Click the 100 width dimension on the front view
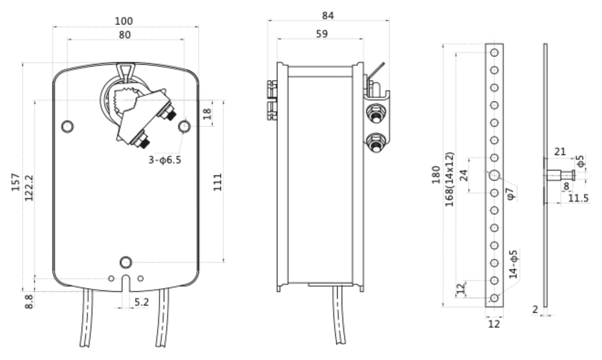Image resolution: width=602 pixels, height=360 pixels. coord(124,21)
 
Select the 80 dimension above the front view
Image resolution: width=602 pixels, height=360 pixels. coord(125,35)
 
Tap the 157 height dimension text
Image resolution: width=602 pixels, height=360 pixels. coord(15,182)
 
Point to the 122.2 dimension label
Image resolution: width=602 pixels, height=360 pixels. coord(29,188)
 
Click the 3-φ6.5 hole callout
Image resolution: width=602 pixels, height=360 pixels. coord(165,160)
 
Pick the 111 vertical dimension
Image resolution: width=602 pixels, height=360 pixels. coord(218,182)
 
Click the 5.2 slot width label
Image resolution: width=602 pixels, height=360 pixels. coord(142,302)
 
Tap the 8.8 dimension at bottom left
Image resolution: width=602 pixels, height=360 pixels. coord(29,301)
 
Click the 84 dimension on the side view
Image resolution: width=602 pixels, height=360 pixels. coord(328,16)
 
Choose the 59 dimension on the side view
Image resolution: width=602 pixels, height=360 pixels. coord(322,34)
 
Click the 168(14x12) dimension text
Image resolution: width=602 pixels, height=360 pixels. coord(450,179)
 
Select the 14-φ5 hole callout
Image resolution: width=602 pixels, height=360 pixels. coord(514,264)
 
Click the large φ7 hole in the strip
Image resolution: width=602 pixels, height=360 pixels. coord(494,175)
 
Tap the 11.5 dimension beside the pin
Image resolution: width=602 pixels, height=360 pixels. coord(578,198)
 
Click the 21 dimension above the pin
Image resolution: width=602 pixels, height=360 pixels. coord(560,152)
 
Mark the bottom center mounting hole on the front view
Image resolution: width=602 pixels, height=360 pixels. coord(126,262)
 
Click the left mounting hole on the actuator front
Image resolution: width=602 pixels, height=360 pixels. coord(67,126)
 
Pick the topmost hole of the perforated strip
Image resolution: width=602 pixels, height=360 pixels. coord(494,53)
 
